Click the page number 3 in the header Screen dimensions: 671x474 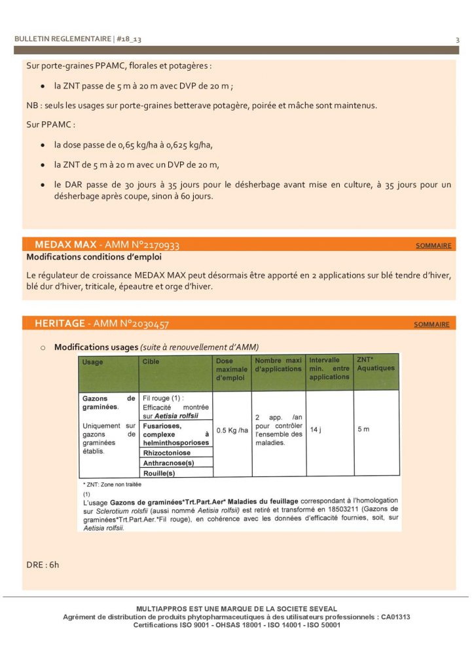point(457,40)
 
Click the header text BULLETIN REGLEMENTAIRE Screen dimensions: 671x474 point(63,39)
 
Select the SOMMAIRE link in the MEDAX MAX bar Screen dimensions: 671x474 point(433,246)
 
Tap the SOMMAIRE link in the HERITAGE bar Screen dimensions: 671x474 point(431,324)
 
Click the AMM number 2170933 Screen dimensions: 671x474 point(155,245)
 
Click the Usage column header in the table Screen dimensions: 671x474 point(93,362)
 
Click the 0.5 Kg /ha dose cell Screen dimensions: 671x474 point(232,431)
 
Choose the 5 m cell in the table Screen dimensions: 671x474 point(363,430)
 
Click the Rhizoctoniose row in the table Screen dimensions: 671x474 point(166,452)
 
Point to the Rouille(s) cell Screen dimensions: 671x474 point(159,472)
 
